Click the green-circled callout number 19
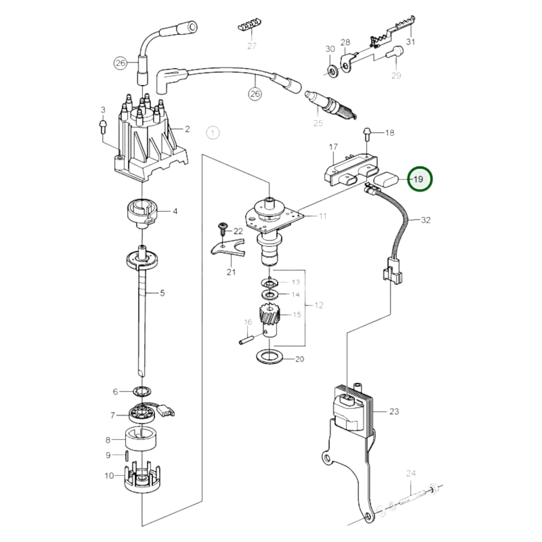(420, 179)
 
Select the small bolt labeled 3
(103, 126)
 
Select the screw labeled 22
(223, 229)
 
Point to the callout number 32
(426, 220)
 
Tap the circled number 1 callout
(213, 133)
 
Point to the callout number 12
(319, 305)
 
